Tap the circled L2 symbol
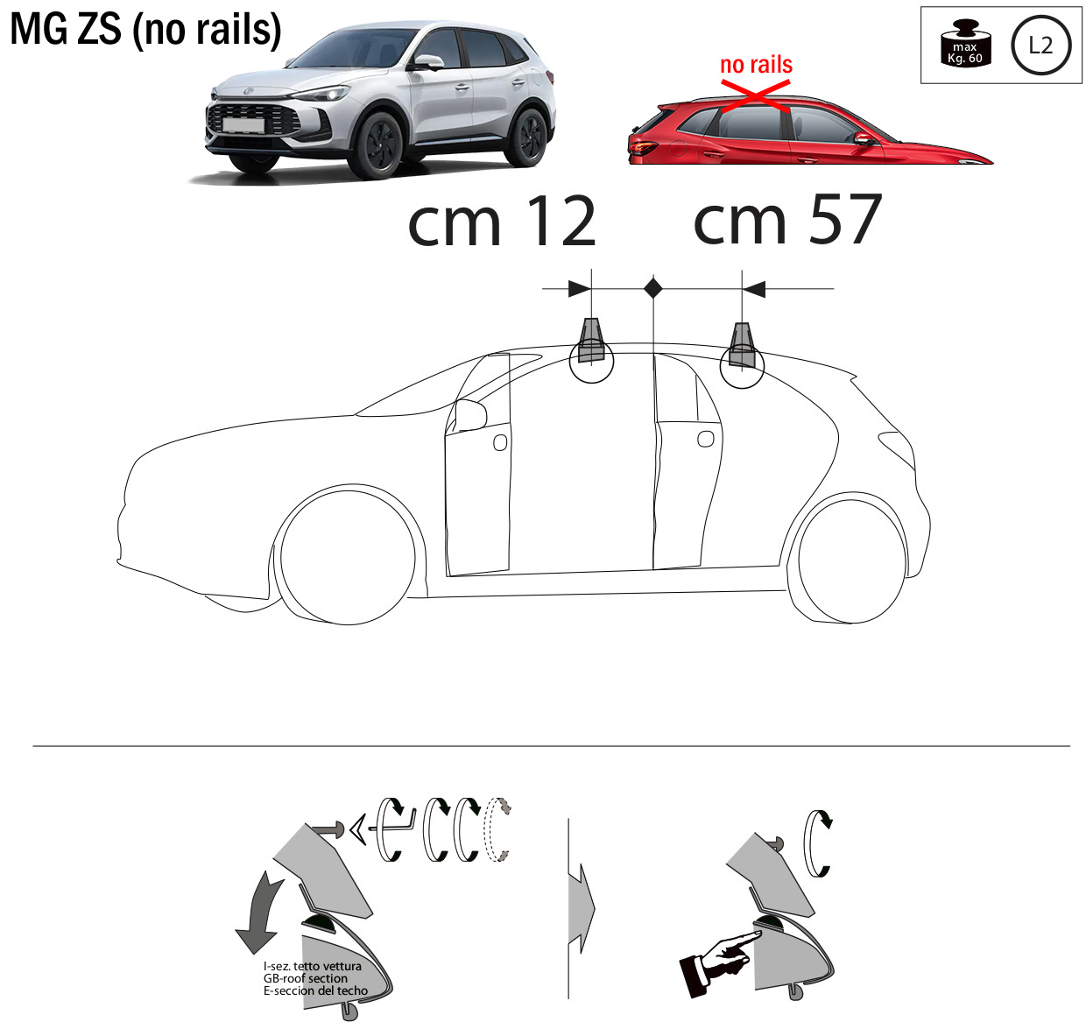point(1040,46)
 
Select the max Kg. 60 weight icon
point(965,43)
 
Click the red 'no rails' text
point(755,65)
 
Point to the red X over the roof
point(755,96)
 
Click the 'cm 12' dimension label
point(501,222)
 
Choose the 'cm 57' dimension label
point(786,219)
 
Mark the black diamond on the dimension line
point(653,288)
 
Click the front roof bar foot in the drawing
point(591,341)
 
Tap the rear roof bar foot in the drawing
point(741,345)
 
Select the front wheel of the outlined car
point(348,557)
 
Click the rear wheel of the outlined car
point(851,560)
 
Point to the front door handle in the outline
point(499,442)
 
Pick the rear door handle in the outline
point(705,439)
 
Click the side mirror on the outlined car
point(469,415)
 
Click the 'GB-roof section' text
point(305,978)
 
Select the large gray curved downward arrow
point(258,913)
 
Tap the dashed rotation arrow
point(497,828)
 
